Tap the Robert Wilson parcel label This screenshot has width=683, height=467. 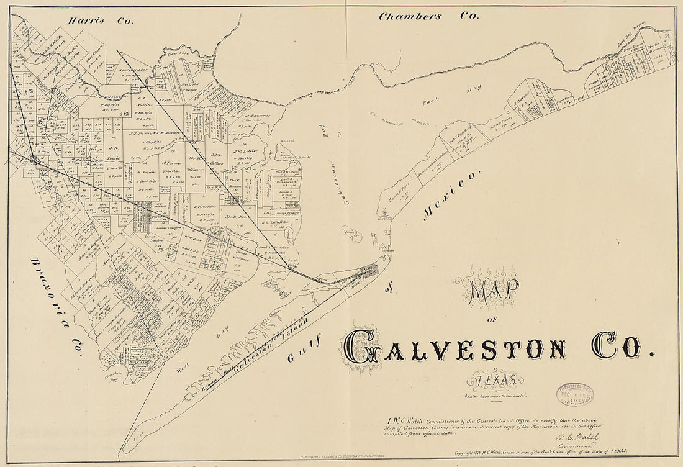[x=130, y=71]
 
